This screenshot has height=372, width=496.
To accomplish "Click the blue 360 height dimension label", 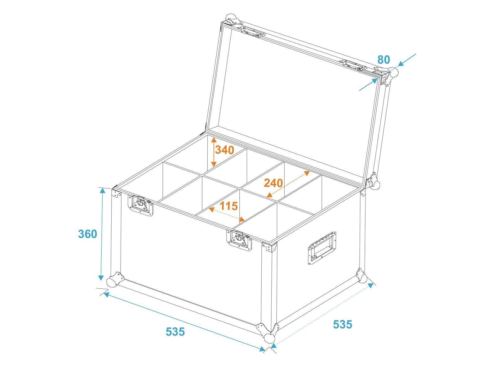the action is [87, 234].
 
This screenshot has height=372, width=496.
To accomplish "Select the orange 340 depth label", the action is [224, 150].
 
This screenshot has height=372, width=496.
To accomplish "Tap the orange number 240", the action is [273, 183].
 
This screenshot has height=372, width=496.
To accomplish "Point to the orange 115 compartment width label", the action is [229, 206].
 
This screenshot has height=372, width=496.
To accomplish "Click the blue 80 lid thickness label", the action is [384, 60].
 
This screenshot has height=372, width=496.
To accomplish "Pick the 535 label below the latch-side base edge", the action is [175, 332].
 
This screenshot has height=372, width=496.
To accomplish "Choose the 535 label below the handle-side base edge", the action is [343, 324].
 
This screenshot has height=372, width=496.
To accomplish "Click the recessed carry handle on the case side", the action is [321, 248].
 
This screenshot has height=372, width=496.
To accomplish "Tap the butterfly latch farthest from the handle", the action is [140, 206].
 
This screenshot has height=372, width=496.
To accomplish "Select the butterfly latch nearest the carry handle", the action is [239, 240].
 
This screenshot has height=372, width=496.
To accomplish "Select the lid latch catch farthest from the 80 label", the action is [252, 32].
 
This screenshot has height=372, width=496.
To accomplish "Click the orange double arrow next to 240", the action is [288, 184].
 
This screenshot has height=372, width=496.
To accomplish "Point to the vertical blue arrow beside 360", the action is [102, 234].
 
